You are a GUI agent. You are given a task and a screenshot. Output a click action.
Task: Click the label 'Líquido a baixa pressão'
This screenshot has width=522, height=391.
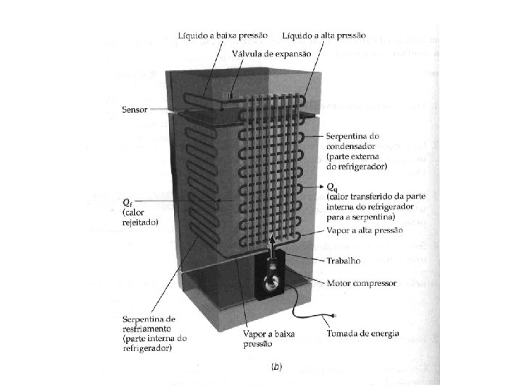(223, 35)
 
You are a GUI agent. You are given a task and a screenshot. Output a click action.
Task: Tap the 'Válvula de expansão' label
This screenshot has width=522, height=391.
(271, 54)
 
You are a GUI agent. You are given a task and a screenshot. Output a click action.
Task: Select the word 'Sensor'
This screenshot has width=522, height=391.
(136, 109)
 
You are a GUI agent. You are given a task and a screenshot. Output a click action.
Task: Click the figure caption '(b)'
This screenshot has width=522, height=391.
(276, 367)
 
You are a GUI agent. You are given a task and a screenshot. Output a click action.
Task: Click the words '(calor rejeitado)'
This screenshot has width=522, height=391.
(138, 218)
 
